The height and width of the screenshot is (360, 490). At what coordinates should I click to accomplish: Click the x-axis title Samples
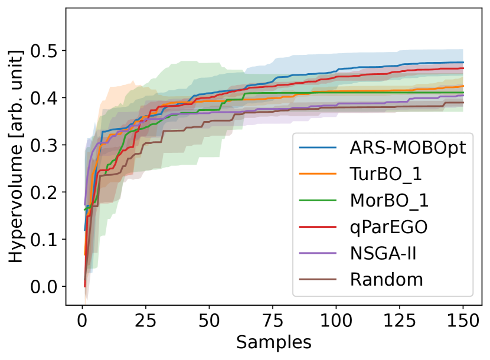(273, 342)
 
